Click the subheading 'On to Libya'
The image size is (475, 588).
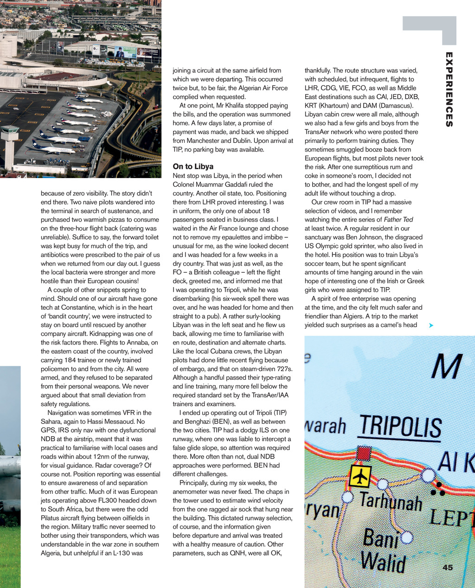click(x=193, y=166)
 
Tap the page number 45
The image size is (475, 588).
click(x=448, y=568)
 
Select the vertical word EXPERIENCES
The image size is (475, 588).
click(x=449, y=89)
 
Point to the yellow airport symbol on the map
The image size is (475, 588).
click(x=360, y=476)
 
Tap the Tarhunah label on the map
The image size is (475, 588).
click(x=391, y=502)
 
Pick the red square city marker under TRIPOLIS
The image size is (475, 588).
click(x=364, y=453)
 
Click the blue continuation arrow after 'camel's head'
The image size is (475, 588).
click(x=431, y=326)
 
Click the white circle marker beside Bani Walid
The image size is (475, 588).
click(x=407, y=537)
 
